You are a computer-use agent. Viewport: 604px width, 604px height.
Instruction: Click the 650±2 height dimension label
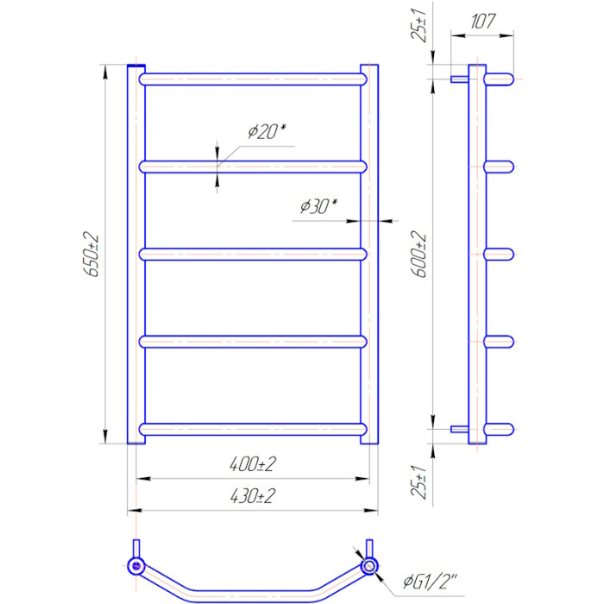pyautogui.click(x=91, y=255)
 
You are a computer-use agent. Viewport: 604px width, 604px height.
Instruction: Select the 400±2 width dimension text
pyautogui.click(x=253, y=464)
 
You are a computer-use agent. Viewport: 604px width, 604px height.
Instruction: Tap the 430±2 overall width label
pyautogui.click(x=253, y=496)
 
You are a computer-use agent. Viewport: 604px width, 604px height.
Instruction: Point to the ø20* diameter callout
pyautogui.click(x=267, y=131)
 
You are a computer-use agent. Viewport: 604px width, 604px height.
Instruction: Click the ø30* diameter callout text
pyautogui.click(x=318, y=206)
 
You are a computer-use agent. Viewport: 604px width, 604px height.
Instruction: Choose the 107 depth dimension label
pyautogui.click(x=482, y=21)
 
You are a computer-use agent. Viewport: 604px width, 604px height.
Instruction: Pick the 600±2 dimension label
pyautogui.click(x=418, y=255)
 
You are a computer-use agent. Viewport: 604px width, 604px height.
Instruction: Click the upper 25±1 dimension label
pyautogui.click(x=418, y=25)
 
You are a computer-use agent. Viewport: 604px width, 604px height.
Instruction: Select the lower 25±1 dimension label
pyautogui.click(x=418, y=481)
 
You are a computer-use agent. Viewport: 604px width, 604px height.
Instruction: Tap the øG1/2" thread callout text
pyautogui.click(x=431, y=582)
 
